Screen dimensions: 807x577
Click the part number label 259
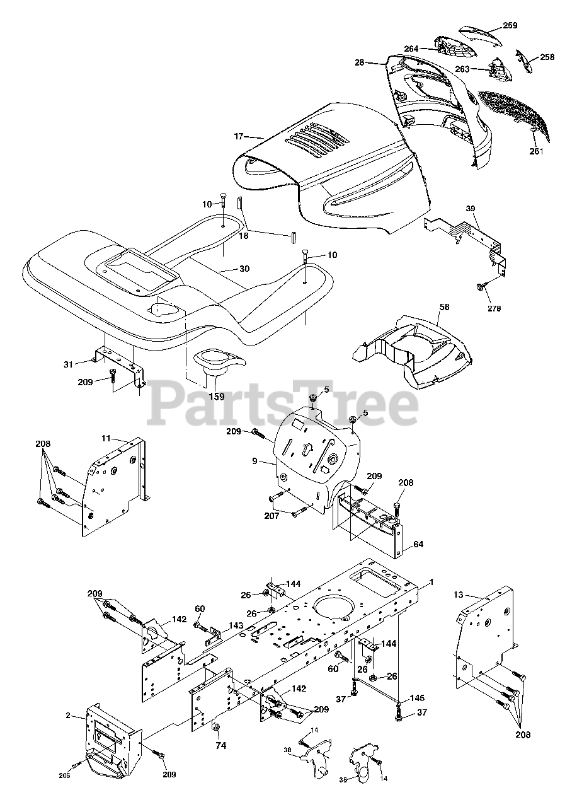click(510, 26)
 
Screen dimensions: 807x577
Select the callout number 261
click(536, 151)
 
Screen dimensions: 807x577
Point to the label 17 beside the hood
click(239, 136)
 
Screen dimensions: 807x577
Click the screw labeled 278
click(481, 288)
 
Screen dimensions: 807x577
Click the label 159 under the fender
click(216, 397)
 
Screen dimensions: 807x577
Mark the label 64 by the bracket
click(418, 543)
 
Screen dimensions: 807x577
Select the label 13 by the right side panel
click(458, 595)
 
